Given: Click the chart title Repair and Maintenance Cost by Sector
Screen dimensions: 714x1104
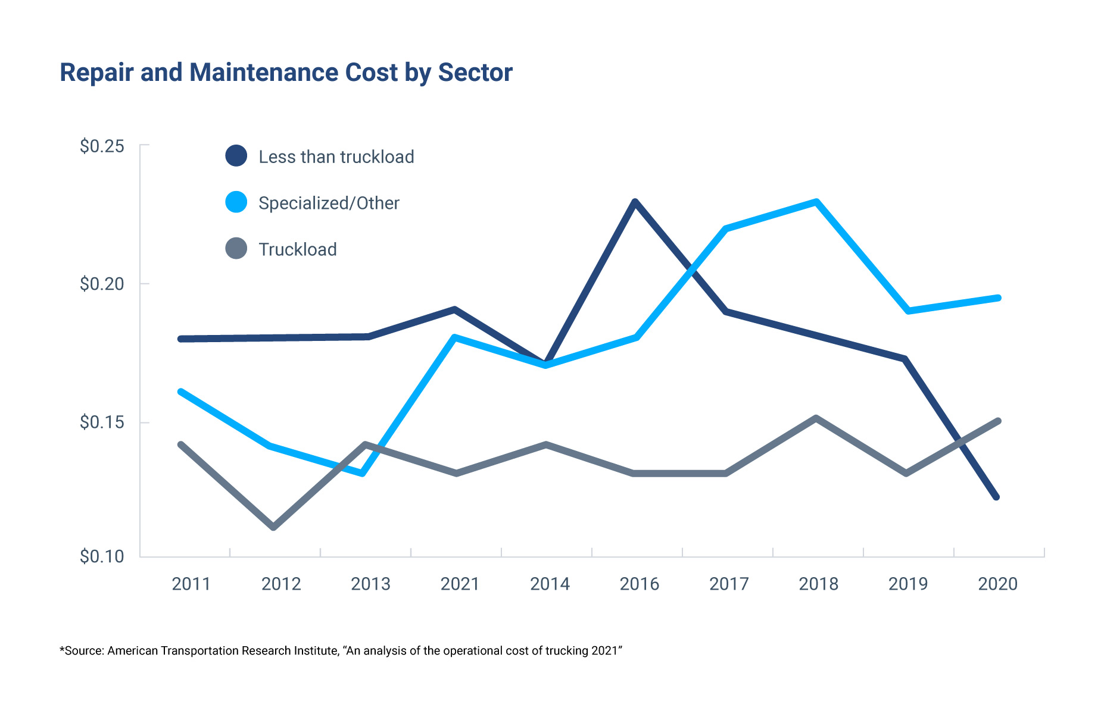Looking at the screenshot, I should coord(286,73).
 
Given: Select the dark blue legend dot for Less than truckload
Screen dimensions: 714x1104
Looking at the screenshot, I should coord(236,156).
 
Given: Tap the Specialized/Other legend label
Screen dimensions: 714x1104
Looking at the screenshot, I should coord(329,203).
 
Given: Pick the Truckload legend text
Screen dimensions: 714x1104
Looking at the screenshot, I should coord(298,249).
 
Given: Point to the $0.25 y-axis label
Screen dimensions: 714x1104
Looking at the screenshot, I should coord(102,146).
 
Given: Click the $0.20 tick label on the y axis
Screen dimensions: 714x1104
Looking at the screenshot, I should coord(102,284).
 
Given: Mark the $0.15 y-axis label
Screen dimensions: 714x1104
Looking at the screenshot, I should coord(102,422).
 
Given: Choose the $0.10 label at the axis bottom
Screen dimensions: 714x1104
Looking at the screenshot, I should coord(102,556).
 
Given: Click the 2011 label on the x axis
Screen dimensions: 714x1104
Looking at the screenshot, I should coord(191,584).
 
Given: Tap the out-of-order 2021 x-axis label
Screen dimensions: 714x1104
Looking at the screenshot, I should coord(460,584).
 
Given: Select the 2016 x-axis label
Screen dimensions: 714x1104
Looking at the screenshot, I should coord(639,584).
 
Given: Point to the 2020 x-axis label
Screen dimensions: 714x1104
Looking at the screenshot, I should coord(997,584).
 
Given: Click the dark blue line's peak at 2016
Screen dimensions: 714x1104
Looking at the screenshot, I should coord(635,202).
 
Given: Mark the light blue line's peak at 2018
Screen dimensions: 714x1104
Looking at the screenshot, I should coord(816,202).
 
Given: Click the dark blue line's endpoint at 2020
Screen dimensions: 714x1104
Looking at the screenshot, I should coord(997,497).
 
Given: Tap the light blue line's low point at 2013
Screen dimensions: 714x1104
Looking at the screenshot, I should coord(362,474).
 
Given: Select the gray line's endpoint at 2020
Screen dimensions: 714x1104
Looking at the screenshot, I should coord(998,421).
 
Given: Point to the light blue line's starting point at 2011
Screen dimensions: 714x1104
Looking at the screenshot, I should coord(180,392).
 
